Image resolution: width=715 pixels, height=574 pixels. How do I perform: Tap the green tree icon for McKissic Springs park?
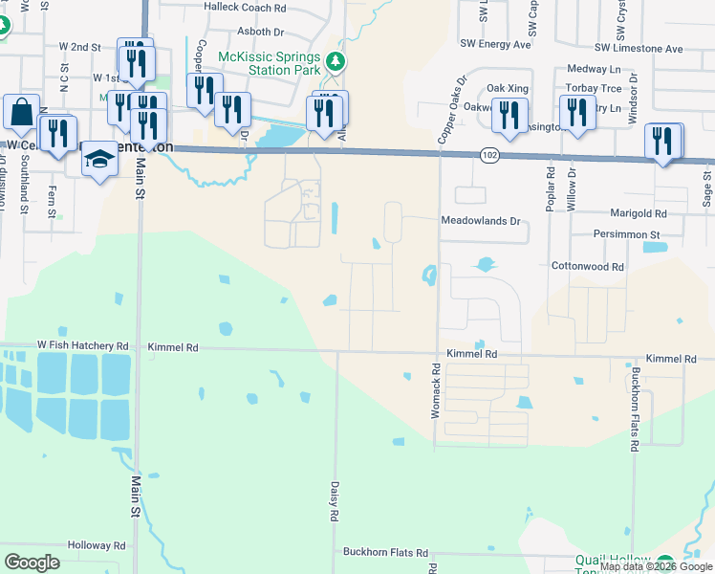pos(336,63)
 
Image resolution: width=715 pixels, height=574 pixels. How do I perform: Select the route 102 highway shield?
pos(488,154)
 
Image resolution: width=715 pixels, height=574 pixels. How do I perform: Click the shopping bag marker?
pos(21,114)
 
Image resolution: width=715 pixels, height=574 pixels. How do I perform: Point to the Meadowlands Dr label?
pos(480,221)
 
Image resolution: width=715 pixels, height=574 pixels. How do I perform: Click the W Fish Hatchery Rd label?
pos(82,345)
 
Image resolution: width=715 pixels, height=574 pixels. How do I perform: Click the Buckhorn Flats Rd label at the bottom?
pos(386,554)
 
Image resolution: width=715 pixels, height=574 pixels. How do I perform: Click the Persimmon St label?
pos(628,234)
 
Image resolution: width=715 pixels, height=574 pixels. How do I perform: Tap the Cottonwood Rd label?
pos(587,267)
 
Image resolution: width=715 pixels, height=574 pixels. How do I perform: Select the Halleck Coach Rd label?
pos(245,7)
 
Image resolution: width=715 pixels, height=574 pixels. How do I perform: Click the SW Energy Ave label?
pos(494,44)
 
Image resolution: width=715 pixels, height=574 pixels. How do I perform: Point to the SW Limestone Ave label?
pos(639,49)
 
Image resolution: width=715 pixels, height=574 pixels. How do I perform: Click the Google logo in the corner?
pos(32,562)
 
